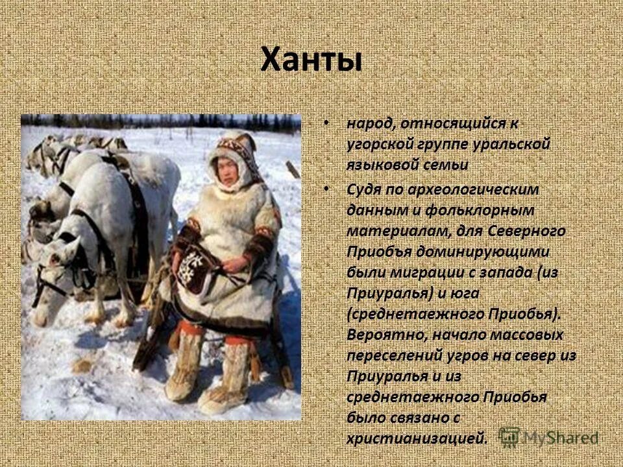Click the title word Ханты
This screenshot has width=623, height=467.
[311, 60]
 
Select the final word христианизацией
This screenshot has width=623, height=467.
[416, 439]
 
